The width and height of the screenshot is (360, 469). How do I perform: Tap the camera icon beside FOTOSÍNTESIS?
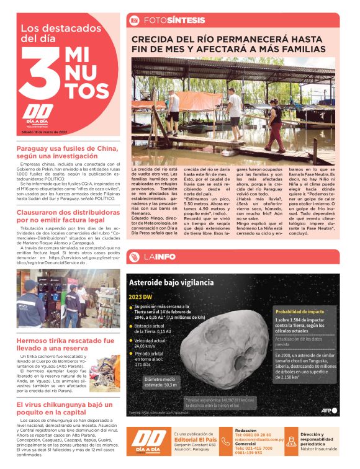pyautogui.click(x=133, y=20)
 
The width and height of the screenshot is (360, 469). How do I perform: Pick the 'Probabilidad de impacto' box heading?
pyautogui.click(x=299, y=311)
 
